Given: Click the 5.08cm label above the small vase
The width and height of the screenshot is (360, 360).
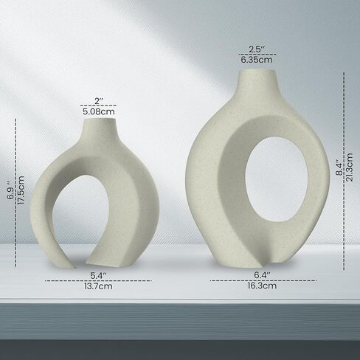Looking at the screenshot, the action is pyautogui.click(x=99, y=111).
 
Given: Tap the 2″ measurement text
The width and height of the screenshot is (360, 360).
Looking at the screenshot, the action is pyautogui.click(x=99, y=101).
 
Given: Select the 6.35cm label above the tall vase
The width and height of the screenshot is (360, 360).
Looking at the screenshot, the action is pyautogui.click(x=257, y=60).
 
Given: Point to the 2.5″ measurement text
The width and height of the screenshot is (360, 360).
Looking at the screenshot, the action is pyautogui.click(x=257, y=49).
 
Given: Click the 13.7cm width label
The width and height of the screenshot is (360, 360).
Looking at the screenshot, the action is pyautogui.click(x=98, y=286).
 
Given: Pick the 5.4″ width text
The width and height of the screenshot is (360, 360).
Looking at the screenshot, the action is pyautogui.click(x=98, y=276).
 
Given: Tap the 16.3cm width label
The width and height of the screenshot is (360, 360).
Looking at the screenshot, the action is pyautogui.click(x=262, y=285).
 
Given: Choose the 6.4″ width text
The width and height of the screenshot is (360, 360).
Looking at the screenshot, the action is pyautogui.click(x=263, y=275).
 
